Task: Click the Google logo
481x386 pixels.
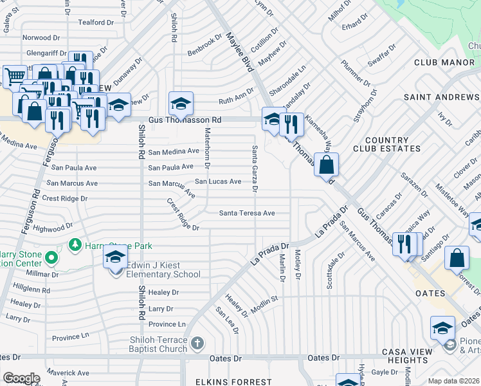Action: (x=21, y=378)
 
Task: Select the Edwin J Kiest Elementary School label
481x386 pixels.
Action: (x=163, y=270)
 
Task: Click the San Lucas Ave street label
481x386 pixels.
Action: (x=218, y=182)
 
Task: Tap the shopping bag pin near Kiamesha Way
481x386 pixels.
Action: (x=327, y=165)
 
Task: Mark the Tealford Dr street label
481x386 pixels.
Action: (x=96, y=23)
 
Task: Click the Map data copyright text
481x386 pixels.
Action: (x=454, y=381)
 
